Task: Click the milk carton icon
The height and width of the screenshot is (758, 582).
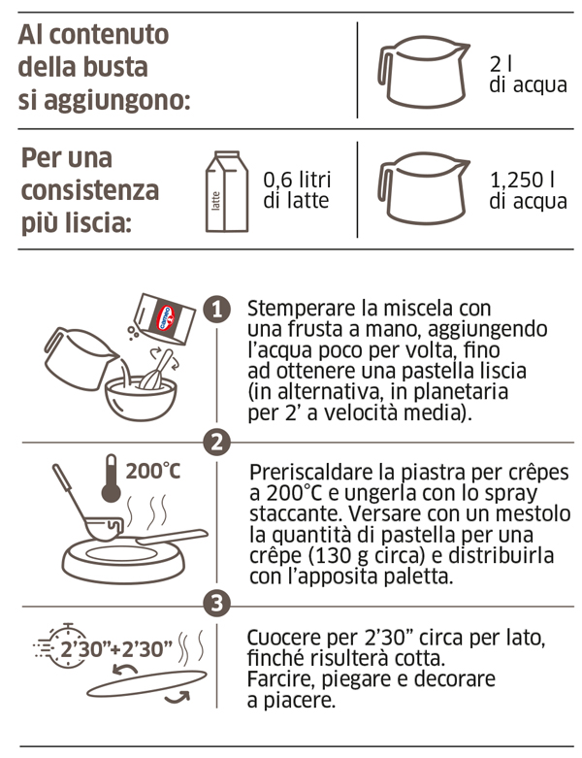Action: point(227,191)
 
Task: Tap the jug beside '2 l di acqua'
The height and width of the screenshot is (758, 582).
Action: point(422,72)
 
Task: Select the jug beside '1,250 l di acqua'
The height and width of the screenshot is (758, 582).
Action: point(422,188)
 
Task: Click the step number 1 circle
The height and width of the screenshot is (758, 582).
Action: point(217,309)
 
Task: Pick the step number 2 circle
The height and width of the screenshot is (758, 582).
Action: point(217,442)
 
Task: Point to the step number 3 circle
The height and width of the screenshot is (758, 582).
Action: point(217,604)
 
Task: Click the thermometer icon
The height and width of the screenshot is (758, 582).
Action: point(112,478)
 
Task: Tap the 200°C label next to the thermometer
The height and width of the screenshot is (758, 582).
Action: point(153,471)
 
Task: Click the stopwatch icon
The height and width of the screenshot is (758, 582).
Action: point(67,646)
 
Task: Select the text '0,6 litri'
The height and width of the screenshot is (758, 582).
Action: point(297,180)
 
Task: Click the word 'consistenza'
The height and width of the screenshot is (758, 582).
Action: point(90,189)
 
